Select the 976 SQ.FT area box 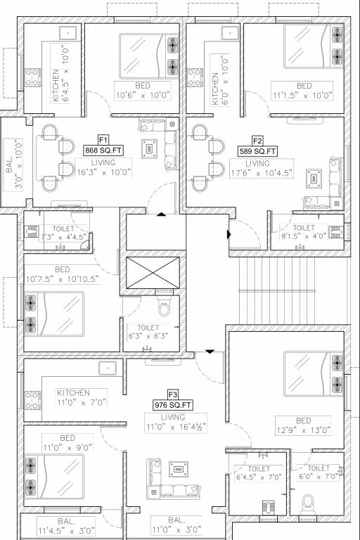tap(173, 405)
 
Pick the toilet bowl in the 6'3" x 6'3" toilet tap(165, 308)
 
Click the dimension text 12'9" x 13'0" tap(303, 430)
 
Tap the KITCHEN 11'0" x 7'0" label tap(74, 398)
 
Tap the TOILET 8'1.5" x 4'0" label tap(304, 233)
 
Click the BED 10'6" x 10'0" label tap(137, 90)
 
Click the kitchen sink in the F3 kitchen tap(107, 368)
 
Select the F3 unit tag tap(173, 394)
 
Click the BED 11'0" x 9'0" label tap(67, 442)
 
